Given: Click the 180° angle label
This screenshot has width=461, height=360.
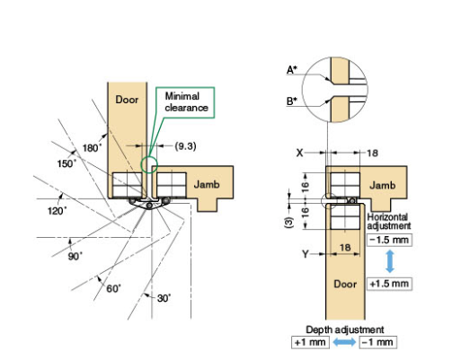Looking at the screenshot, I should pyautogui.click(x=93, y=146).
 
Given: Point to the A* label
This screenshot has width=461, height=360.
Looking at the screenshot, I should pyautogui.click(x=292, y=69).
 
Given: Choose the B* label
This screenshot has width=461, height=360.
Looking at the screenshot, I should pyautogui.click(x=292, y=101).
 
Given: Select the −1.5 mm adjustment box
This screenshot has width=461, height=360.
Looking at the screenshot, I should pyautogui.click(x=388, y=241).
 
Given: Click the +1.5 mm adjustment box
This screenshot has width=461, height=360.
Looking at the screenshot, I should pyautogui.click(x=388, y=284).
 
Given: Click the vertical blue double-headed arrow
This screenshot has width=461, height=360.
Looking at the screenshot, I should pyautogui.click(x=388, y=262).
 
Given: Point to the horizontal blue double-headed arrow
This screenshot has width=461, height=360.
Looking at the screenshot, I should pyautogui.click(x=342, y=342).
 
